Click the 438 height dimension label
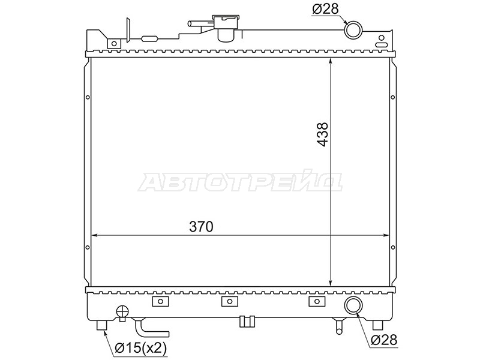[322, 134]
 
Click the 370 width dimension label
[201, 227]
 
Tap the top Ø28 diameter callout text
[325, 9]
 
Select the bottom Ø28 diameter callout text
[384, 340]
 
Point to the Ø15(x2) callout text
[140, 347]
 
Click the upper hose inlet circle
[353, 29]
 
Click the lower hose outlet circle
[353, 305]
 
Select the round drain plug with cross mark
[122, 312]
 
